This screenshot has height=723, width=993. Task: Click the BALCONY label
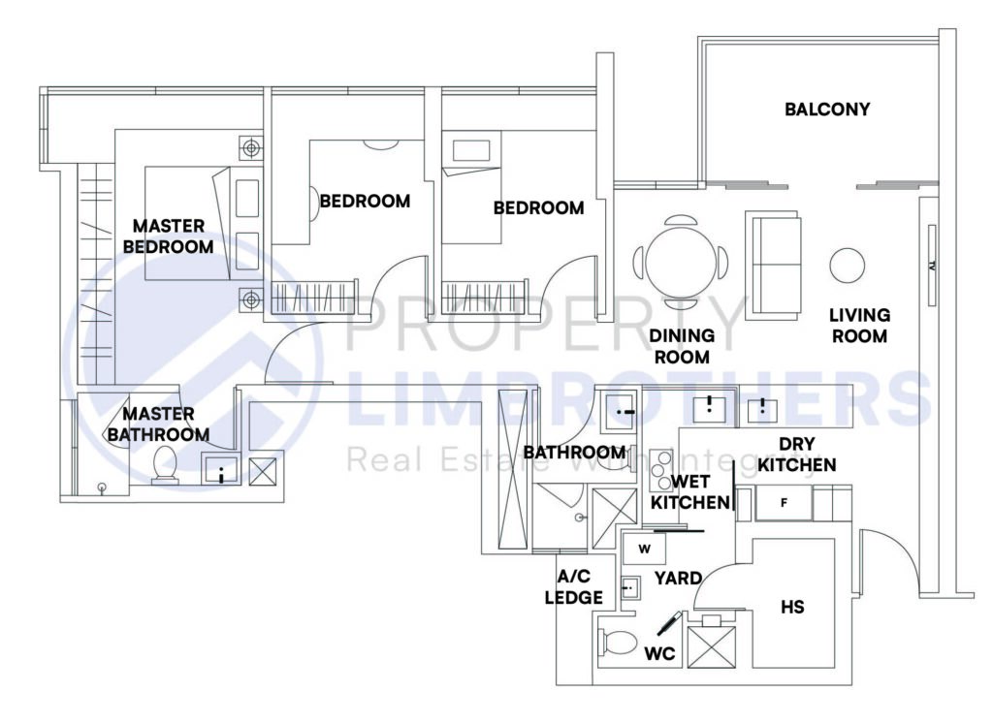point(826,110)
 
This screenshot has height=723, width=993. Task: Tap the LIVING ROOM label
point(859,326)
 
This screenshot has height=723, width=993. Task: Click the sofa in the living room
point(773,263)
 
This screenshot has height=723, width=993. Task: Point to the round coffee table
point(847,264)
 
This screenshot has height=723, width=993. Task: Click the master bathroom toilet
point(164,466)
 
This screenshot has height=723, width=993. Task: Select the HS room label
point(792,607)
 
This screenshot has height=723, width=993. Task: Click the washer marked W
point(644,550)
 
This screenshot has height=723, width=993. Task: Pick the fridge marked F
point(784,503)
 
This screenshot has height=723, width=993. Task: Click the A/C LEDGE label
point(573,587)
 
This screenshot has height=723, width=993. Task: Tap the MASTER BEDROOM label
point(168,236)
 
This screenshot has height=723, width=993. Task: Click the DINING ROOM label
point(682,346)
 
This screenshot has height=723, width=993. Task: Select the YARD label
point(678,579)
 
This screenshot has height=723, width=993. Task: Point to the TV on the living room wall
point(930,265)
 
